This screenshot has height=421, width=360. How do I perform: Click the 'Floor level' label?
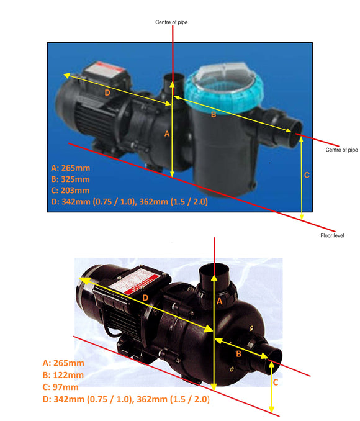[329, 236]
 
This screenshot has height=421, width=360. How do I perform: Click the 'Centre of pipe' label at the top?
[171, 22]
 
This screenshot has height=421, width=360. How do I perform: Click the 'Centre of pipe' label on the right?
[341, 150]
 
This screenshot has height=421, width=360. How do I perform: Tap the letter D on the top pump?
[107, 93]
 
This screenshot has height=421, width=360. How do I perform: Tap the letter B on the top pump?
[214, 114]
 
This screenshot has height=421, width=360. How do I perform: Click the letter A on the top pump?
[166, 134]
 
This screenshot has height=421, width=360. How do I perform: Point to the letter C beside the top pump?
[306, 175]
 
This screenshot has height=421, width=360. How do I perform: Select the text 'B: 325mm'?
[71, 179]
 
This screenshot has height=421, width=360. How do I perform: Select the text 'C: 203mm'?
[71, 190]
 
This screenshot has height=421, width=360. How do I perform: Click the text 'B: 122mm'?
[63, 375]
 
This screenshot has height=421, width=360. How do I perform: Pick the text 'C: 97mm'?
[60, 387]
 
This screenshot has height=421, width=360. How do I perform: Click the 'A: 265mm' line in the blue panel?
[71, 168]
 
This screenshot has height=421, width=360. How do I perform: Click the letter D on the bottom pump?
[145, 299]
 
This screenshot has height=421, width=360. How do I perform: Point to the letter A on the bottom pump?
[218, 301]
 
